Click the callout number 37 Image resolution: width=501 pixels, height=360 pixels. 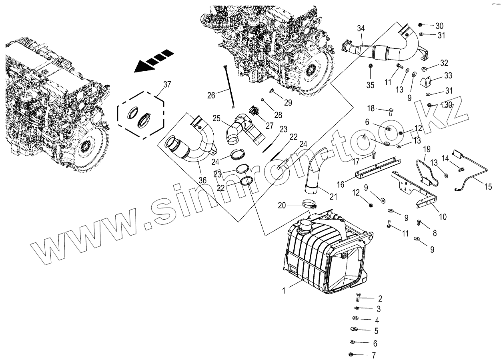pos(167,84)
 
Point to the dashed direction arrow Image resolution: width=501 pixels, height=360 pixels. pos(154,61)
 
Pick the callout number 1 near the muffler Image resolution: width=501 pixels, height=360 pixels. pos(284,291)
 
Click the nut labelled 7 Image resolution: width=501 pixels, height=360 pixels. pos(351,354)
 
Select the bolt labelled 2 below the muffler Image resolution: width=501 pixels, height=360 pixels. pos(358,298)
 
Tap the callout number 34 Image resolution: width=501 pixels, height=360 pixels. pos(361,28)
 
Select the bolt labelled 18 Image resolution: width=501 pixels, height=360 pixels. pos(391,111)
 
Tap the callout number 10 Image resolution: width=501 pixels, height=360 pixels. pos(443,217)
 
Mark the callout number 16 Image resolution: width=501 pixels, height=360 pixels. pos(341,184)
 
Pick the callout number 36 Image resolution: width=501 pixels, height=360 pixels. pos(202,180)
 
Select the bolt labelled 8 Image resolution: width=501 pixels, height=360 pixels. pos(419,222)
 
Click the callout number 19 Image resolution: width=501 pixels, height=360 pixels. pos(427,150)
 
